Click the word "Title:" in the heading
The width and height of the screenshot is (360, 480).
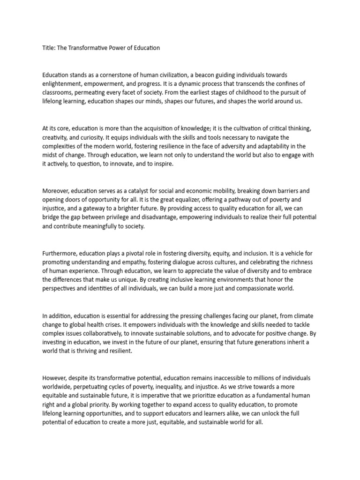click(x=48, y=48)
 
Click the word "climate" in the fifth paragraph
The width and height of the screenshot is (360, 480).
click(x=297, y=315)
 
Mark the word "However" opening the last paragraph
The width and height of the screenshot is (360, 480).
click(x=55, y=378)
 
